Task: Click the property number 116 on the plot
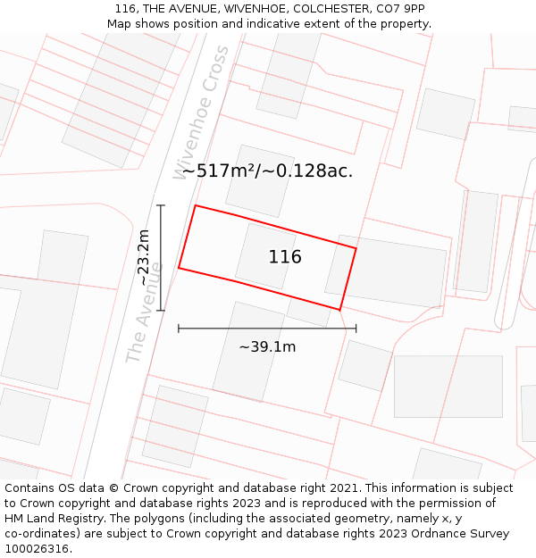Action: pos(285,257)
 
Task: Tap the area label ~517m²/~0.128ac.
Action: pos(267,171)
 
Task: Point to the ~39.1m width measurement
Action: pos(267,346)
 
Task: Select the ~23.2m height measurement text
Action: pos(144,258)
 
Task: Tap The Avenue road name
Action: pos(143,312)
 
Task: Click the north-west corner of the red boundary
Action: pos(196,205)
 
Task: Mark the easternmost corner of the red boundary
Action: pos(356,247)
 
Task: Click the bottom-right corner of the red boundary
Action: pos(339,310)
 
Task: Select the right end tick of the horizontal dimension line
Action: pos(356,329)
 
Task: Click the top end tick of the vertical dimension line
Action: pos(161,205)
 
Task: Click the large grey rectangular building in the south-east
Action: pos(448,386)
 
